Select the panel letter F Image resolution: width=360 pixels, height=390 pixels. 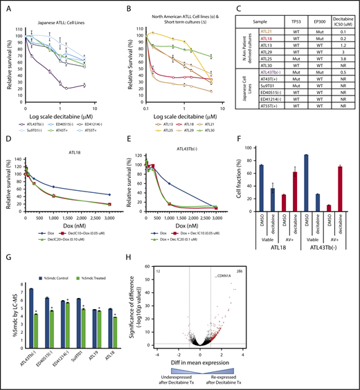244,133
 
